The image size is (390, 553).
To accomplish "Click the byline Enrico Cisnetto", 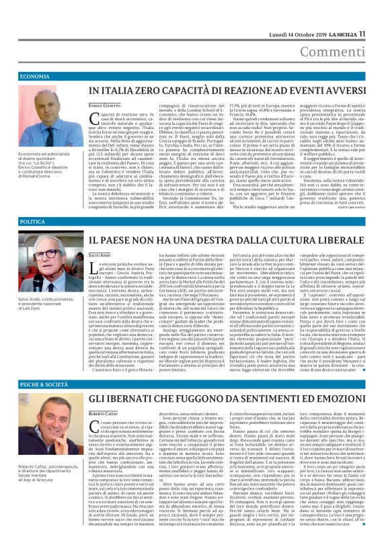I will click(104, 106).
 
